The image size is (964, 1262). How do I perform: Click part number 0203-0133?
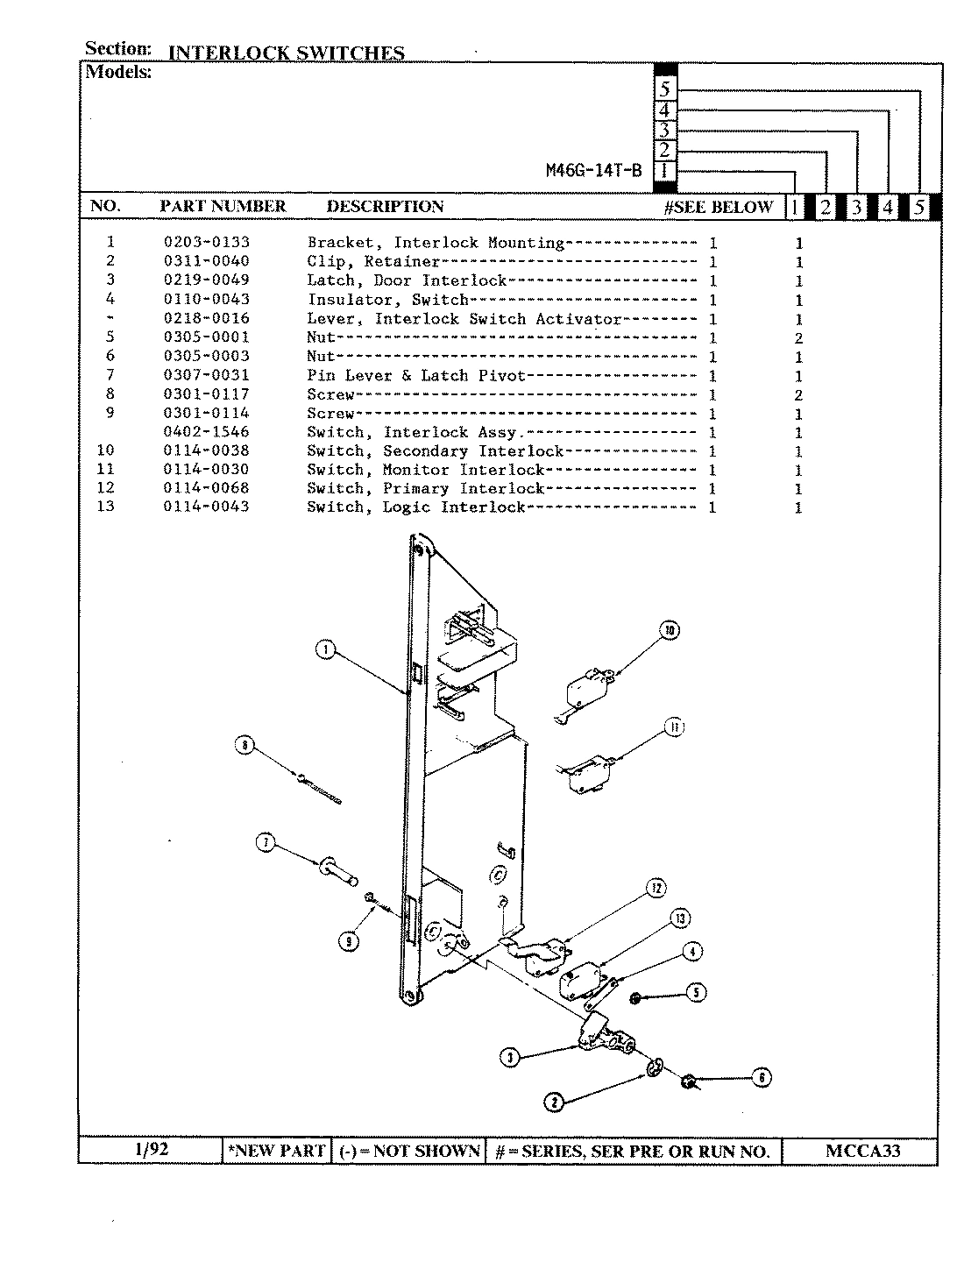click(206, 243)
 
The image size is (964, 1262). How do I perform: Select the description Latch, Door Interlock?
click(407, 280)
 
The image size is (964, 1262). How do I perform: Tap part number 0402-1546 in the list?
click(206, 432)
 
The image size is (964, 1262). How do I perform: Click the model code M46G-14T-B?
click(593, 171)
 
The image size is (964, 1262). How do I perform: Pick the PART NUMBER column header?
click(223, 207)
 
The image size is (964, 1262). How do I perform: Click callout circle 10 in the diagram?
click(670, 630)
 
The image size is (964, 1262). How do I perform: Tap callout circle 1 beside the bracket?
click(325, 649)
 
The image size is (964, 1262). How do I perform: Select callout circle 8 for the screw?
click(245, 745)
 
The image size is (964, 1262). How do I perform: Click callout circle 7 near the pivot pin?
click(266, 843)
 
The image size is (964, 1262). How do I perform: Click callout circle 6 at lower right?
click(762, 1078)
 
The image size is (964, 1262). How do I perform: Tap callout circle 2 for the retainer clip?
click(555, 1102)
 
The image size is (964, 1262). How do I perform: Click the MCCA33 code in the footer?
click(862, 1151)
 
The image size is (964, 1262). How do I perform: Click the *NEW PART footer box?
click(276, 1151)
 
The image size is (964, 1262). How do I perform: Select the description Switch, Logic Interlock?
click(415, 507)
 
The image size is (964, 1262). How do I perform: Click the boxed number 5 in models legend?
click(665, 89)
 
